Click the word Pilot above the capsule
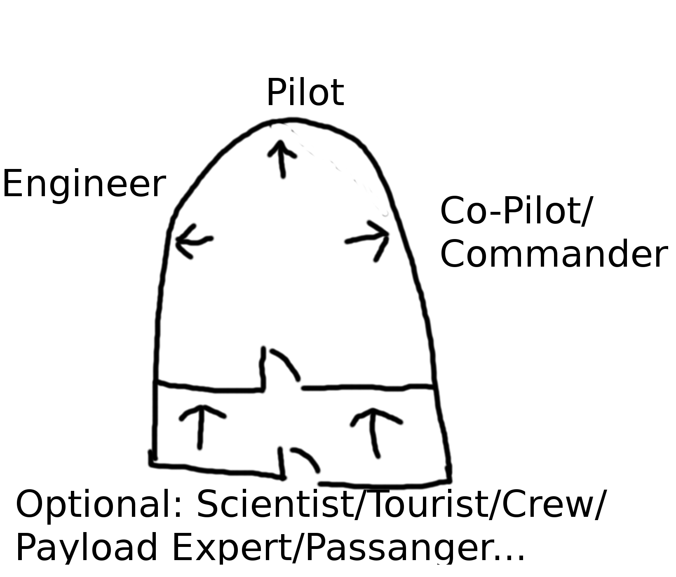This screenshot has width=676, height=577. click(x=305, y=92)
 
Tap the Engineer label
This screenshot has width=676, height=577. click(x=84, y=184)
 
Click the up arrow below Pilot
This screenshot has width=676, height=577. click(x=282, y=158)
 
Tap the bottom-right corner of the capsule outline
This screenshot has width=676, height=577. click(x=448, y=480)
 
